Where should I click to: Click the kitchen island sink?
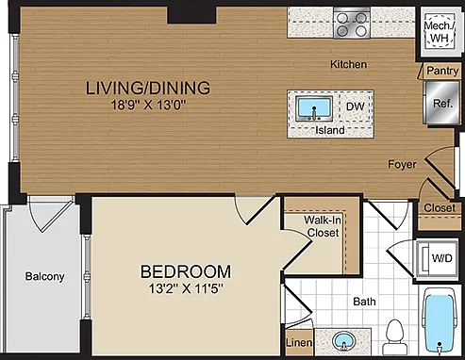pos(314,108)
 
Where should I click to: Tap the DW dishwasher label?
pos(356,106)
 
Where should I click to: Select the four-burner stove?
pos(352,24)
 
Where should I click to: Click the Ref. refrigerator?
pos(441,103)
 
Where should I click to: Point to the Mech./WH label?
pos(440,32)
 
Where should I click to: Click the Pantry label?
pos(442,71)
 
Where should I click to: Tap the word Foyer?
pos(402,164)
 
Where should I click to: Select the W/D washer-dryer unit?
pos(438,258)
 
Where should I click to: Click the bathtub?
pos(440,322)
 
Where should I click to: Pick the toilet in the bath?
pos(394,336)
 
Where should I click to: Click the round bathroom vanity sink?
pos(344,341)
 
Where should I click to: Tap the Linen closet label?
pos(299,342)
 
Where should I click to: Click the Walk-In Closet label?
pos(323,226)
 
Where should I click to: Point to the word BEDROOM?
pos(186,271)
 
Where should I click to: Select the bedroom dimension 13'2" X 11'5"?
pos(186,288)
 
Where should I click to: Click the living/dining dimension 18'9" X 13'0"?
pos(148,105)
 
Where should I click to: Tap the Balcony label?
pos(44,276)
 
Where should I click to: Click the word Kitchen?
pos(348,64)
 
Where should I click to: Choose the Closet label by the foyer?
pos(440,207)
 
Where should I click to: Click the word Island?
pos(330,130)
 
